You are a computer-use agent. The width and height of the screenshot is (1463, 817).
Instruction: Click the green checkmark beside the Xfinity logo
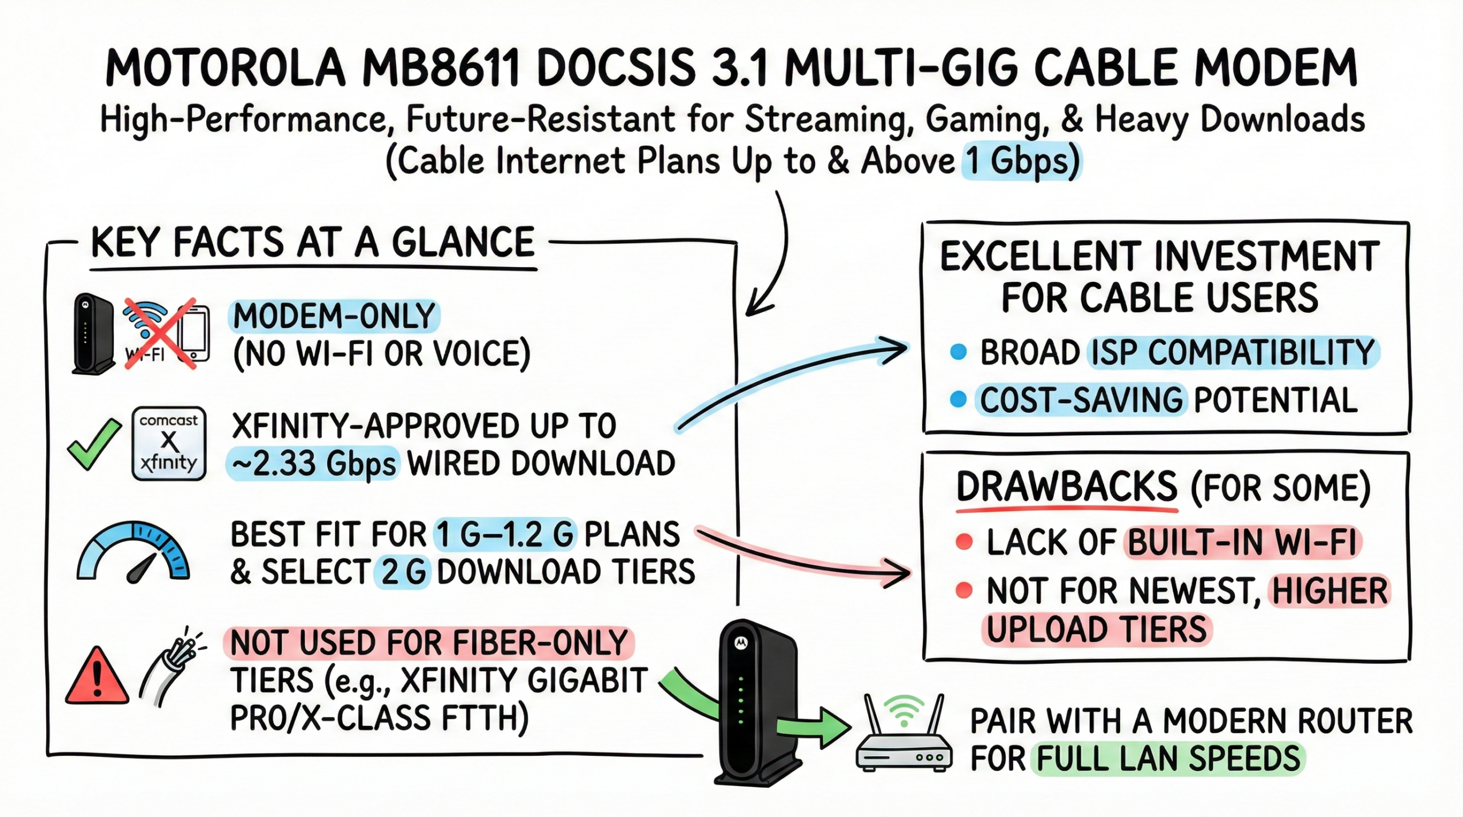pyautogui.click(x=94, y=443)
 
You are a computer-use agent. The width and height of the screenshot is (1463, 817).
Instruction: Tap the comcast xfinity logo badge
pyautogui.click(x=169, y=443)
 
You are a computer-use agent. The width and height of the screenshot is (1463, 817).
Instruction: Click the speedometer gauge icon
pyautogui.click(x=133, y=552)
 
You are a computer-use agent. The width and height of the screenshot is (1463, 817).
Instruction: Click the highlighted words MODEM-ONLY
pyautogui.click(x=334, y=316)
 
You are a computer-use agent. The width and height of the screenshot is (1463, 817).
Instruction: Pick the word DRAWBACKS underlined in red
pyautogui.click(x=1066, y=488)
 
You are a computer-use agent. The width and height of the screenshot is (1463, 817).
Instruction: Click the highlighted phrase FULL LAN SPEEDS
pyautogui.click(x=1168, y=759)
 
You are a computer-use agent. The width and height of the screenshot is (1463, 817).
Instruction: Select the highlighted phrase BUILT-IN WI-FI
pyautogui.click(x=1242, y=542)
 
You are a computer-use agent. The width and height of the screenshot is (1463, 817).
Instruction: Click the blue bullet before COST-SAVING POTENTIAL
pyautogui.click(x=958, y=399)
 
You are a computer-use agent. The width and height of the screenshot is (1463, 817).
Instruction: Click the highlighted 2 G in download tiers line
pyautogui.click(x=402, y=572)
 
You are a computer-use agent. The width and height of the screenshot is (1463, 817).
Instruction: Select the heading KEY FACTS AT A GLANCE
pyautogui.click(x=313, y=242)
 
